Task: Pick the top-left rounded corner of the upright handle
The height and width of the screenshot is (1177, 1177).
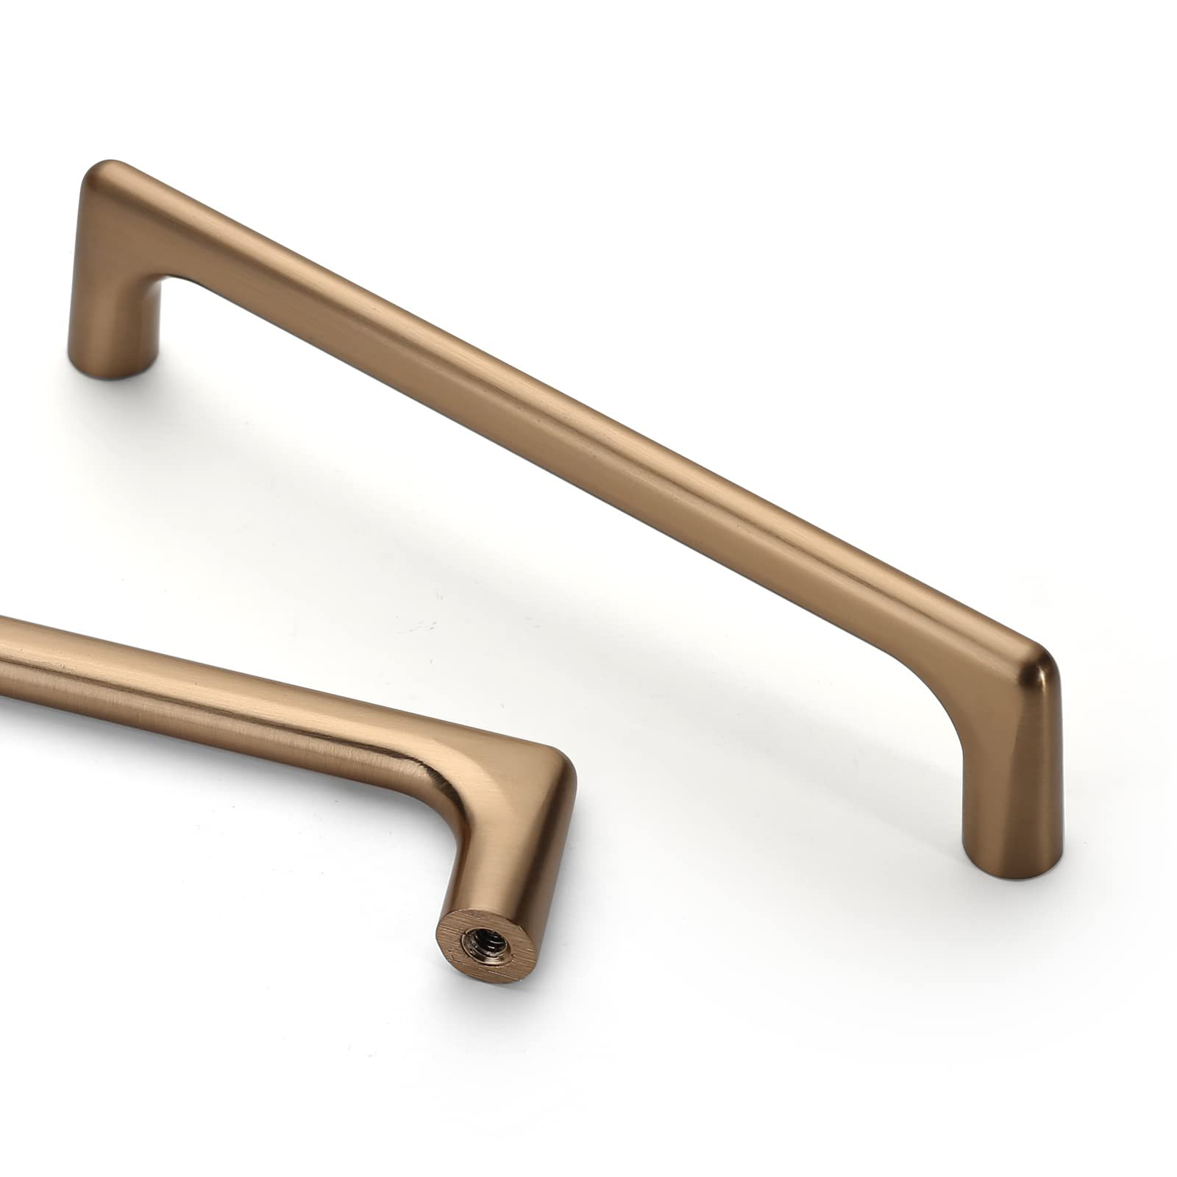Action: pos(103,173)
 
